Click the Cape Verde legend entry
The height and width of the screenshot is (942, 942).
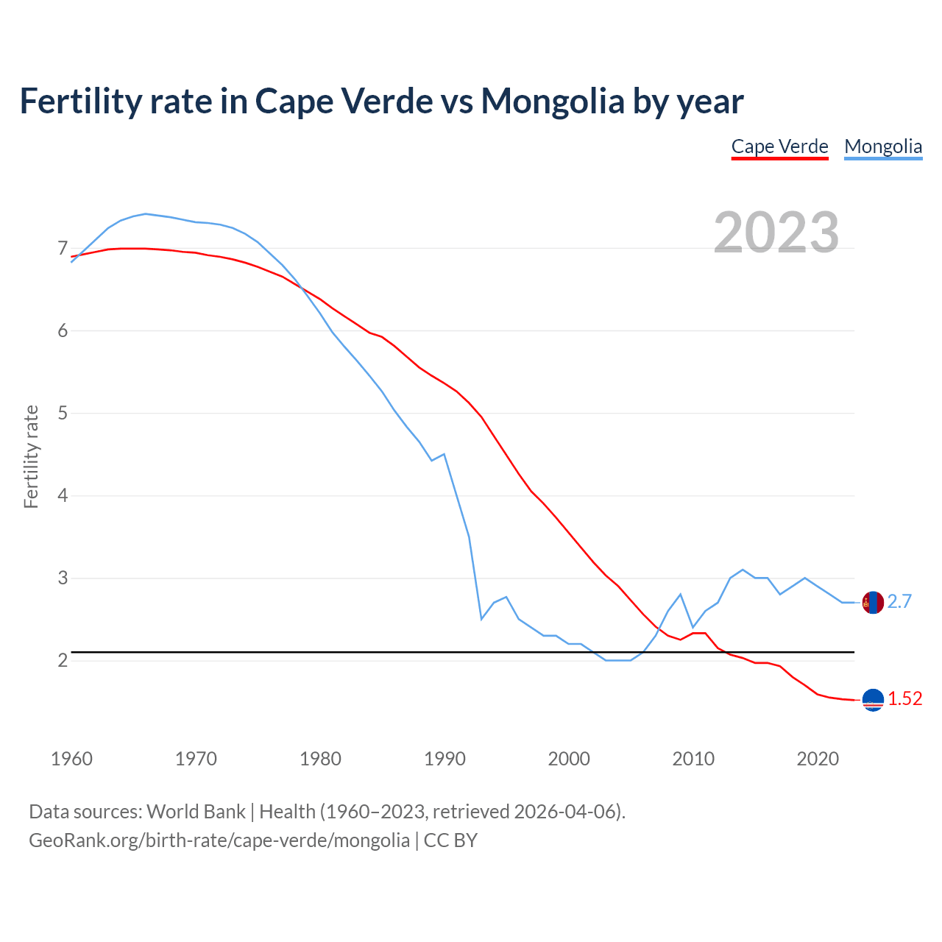tap(779, 146)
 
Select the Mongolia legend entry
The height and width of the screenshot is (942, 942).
tap(883, 146)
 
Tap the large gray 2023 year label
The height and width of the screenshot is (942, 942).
tap(776, 233)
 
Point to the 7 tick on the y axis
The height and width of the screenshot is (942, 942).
tap(63, 249)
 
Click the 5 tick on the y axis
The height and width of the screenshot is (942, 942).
tap(63, 413)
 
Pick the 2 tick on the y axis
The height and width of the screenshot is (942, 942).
tap(63, 660)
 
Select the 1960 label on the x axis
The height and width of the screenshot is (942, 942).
tap(71, 759)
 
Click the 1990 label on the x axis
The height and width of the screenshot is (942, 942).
tap(445, 759)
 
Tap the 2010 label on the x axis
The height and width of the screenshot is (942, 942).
tap(693, 759)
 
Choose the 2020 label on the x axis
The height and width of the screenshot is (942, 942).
tap(818, 759)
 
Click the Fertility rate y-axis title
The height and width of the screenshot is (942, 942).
tap(31, 456)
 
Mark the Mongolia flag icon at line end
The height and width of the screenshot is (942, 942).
tap(873, 602)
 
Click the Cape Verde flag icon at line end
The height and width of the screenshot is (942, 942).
tap(873, 700)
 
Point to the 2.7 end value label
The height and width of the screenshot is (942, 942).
tap(899, 602)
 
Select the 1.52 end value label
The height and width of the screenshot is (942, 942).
tap(904, 699)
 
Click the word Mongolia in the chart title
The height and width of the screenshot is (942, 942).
tap(553, 101)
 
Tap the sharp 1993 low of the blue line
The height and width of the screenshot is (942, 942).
tap(481, 619)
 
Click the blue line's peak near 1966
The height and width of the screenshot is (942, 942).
tap(145, 213)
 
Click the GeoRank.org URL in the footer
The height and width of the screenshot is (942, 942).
tap(219, 840)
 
